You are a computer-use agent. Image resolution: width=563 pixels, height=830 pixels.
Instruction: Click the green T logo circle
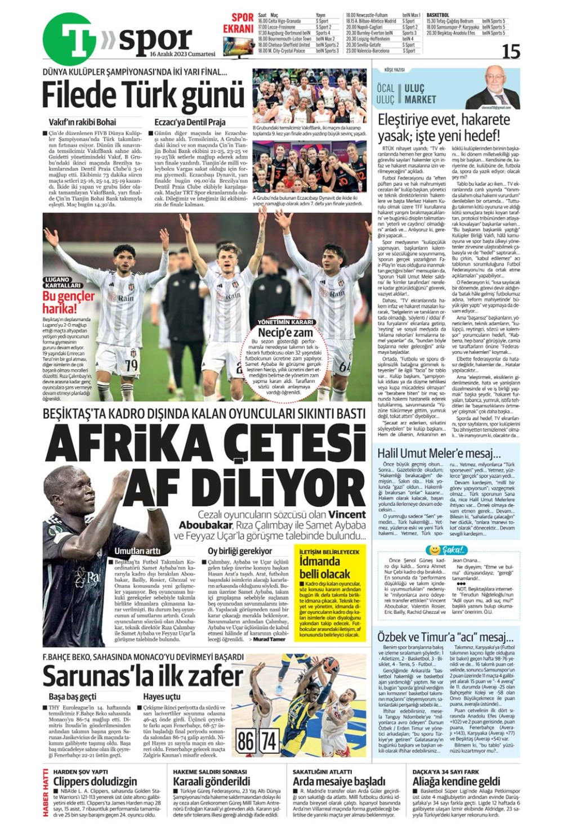point(69,39)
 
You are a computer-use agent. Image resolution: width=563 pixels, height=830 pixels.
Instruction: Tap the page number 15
point(511,52)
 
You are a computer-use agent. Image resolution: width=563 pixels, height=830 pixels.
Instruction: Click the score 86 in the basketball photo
point(245,741)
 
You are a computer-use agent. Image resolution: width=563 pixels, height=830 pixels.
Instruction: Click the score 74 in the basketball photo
point(269,741)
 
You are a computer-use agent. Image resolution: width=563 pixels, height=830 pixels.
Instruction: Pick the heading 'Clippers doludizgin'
point(95,781)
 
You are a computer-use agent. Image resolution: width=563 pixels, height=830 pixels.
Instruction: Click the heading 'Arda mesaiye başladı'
point(339,781)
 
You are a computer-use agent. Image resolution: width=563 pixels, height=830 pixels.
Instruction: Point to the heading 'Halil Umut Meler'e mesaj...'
point(439,454)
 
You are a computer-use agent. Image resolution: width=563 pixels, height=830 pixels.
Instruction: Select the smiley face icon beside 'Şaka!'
point(434,549)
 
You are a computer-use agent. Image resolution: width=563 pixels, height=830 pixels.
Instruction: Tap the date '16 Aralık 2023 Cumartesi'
point(182,55)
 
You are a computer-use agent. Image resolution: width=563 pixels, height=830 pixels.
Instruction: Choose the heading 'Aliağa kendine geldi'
point(456,781)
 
